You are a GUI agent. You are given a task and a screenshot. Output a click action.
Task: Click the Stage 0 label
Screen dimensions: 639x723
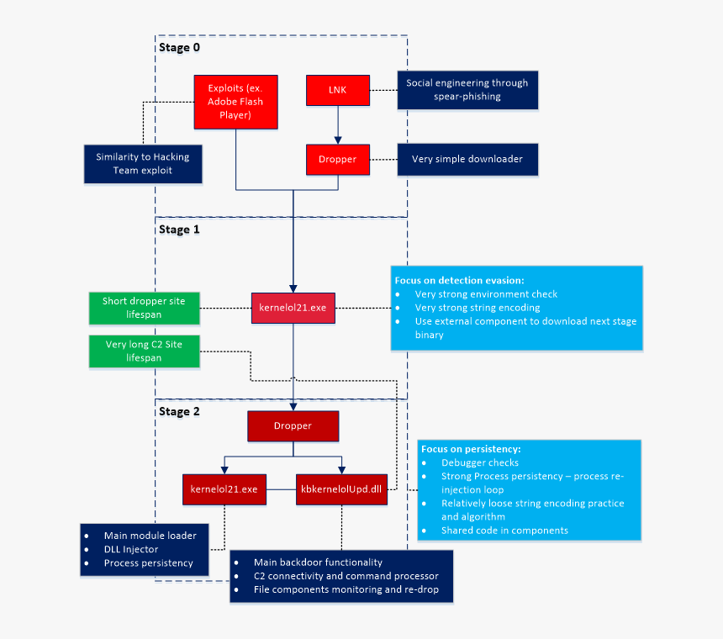click(x=179, y=48)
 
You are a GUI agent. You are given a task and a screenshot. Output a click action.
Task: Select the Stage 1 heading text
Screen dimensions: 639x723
click(x=179, y=229)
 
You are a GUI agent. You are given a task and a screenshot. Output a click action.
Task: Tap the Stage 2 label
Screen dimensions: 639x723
click(x=179, y=412)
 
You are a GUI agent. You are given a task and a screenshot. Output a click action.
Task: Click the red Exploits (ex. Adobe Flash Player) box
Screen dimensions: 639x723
click(x=235, y=103)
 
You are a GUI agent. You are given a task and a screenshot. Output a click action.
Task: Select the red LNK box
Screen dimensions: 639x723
click(x=337, y=90)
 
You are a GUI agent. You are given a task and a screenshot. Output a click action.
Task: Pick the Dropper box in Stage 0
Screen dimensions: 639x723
click(x=337, y=159)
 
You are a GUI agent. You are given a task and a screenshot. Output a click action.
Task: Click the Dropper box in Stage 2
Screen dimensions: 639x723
click(x=293, y=426)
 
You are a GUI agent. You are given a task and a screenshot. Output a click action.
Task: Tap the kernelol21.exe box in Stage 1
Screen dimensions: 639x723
click(x=293, y=308)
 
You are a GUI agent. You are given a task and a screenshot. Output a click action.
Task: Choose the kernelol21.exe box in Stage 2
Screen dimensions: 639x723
click(x=224, y=488)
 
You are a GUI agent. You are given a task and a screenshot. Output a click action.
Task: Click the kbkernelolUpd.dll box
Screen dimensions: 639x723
click(x=341, y=488)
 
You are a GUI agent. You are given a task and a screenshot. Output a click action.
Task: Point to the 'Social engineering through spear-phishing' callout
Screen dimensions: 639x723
click(x=467, y=90)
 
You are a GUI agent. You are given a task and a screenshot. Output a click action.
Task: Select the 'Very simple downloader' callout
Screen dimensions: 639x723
click(x=467, y=159)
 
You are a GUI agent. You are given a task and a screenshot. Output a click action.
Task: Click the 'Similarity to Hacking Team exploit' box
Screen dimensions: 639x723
click(x=143, y=163)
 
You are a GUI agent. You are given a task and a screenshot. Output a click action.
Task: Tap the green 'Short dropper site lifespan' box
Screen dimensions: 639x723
click(x=145, y=308)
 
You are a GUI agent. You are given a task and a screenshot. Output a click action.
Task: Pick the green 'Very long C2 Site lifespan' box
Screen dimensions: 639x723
click(x=145, y=351)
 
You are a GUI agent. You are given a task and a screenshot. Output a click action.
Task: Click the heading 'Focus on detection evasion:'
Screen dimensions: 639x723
click(x=460, y=280)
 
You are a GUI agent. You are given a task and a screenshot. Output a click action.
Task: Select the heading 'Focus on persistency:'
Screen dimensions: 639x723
click(x=471, y=449)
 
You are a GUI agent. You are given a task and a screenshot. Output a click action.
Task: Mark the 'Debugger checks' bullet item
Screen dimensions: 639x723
click(x=479, y=462)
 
